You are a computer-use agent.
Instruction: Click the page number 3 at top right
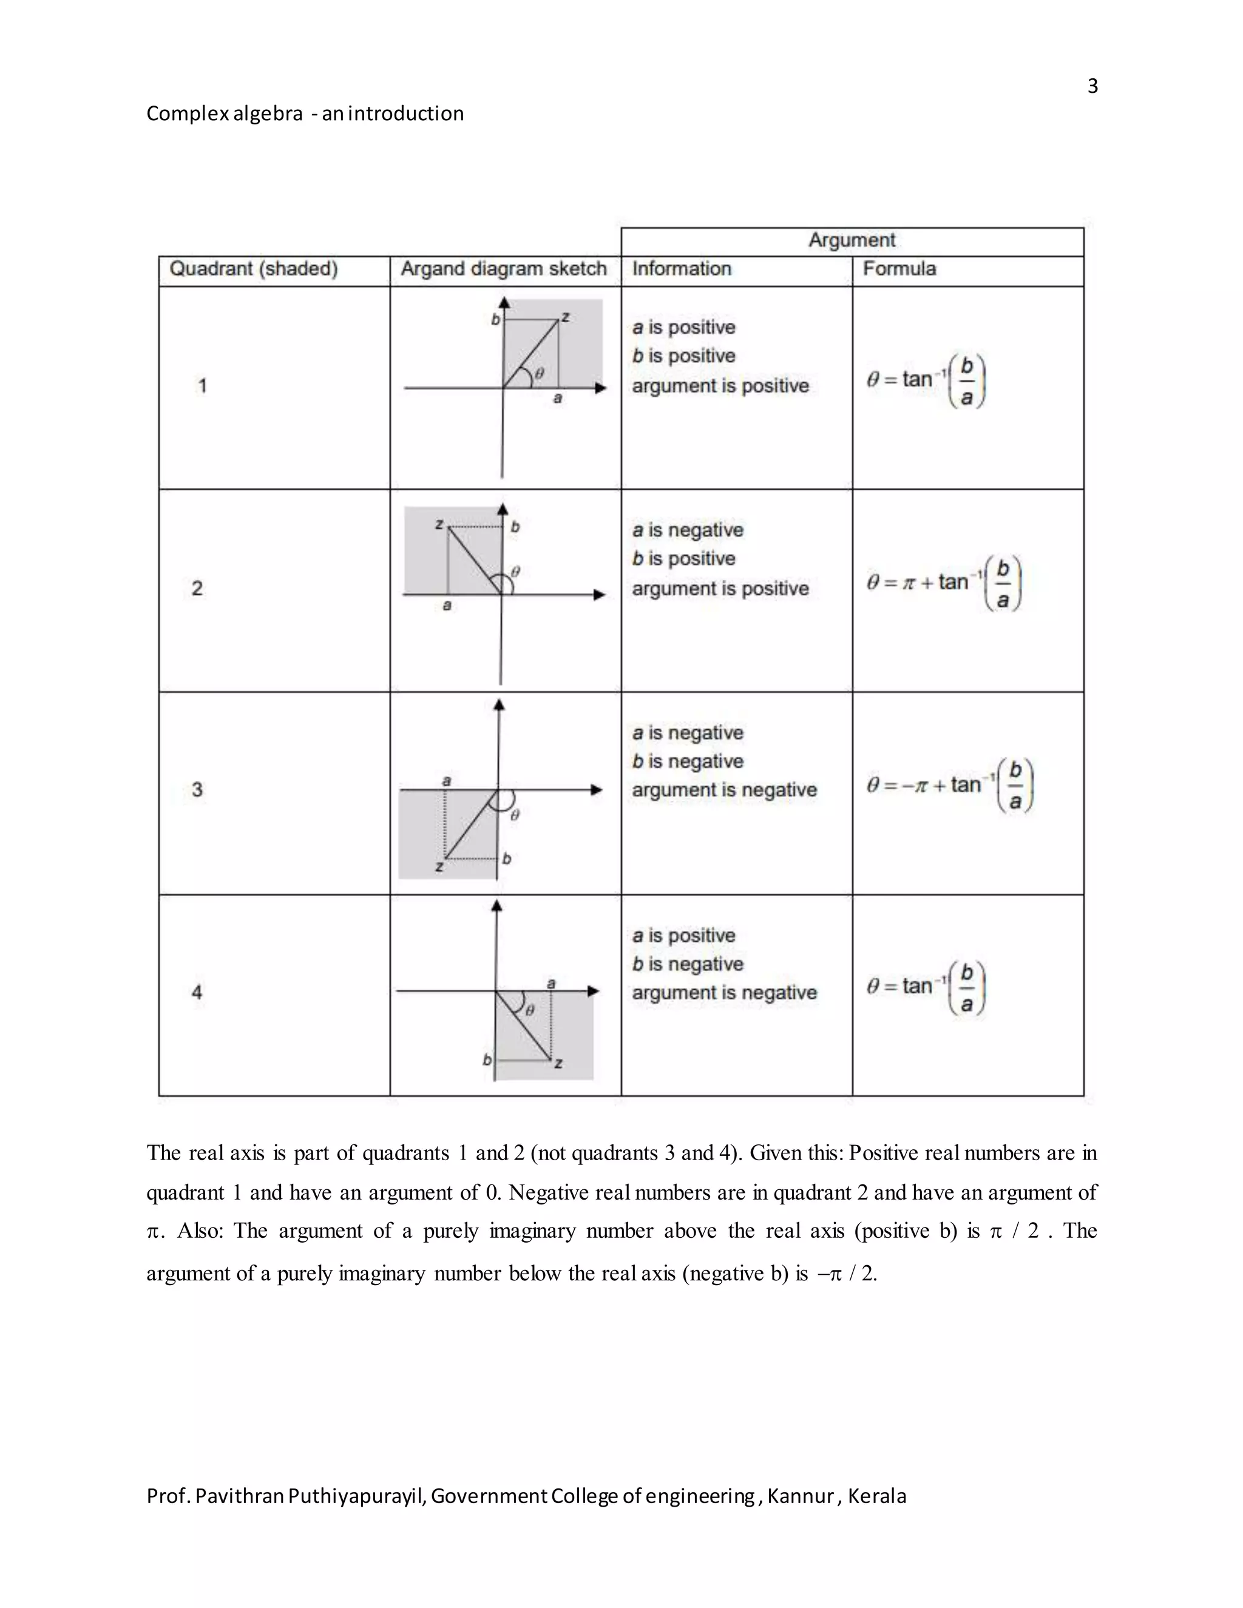(1092, 87)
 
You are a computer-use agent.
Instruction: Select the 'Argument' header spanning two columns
(852, 240)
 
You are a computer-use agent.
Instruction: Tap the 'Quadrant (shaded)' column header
(253, 269)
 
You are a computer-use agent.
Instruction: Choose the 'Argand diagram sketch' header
(504, 269)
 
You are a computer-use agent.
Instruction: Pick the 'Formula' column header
(899, 269)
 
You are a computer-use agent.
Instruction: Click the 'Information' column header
(681, 269)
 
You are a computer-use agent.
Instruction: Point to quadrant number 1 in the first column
(202, 385)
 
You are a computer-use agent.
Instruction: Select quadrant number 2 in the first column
(197, 588)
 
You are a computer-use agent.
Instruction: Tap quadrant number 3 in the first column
(197, 789)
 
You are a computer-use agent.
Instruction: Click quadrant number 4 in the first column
(197, 991)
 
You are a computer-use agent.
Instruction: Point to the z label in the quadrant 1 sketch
(565, 317)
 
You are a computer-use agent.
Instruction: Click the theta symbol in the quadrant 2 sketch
(515, 572)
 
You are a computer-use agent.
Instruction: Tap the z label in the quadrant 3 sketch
(439, 867)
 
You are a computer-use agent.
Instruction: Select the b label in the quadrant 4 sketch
(486, 1059)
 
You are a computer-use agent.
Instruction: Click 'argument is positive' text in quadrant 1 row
(720, 386)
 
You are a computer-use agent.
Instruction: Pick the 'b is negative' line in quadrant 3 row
(688, 762)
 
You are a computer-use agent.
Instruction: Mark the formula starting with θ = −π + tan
(950, 786)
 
